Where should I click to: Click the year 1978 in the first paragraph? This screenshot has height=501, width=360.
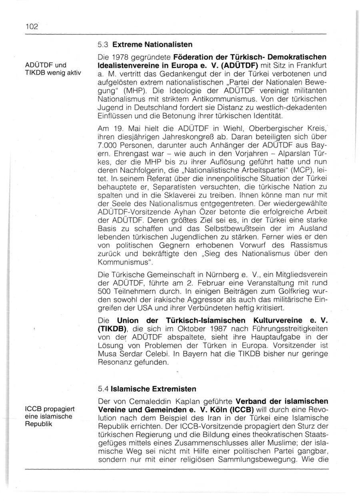pos(120,57)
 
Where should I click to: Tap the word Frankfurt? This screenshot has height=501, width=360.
pos(310,65)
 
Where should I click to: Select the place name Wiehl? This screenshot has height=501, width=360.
pos(197,128)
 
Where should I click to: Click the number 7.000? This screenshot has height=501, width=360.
pos(107,145)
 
